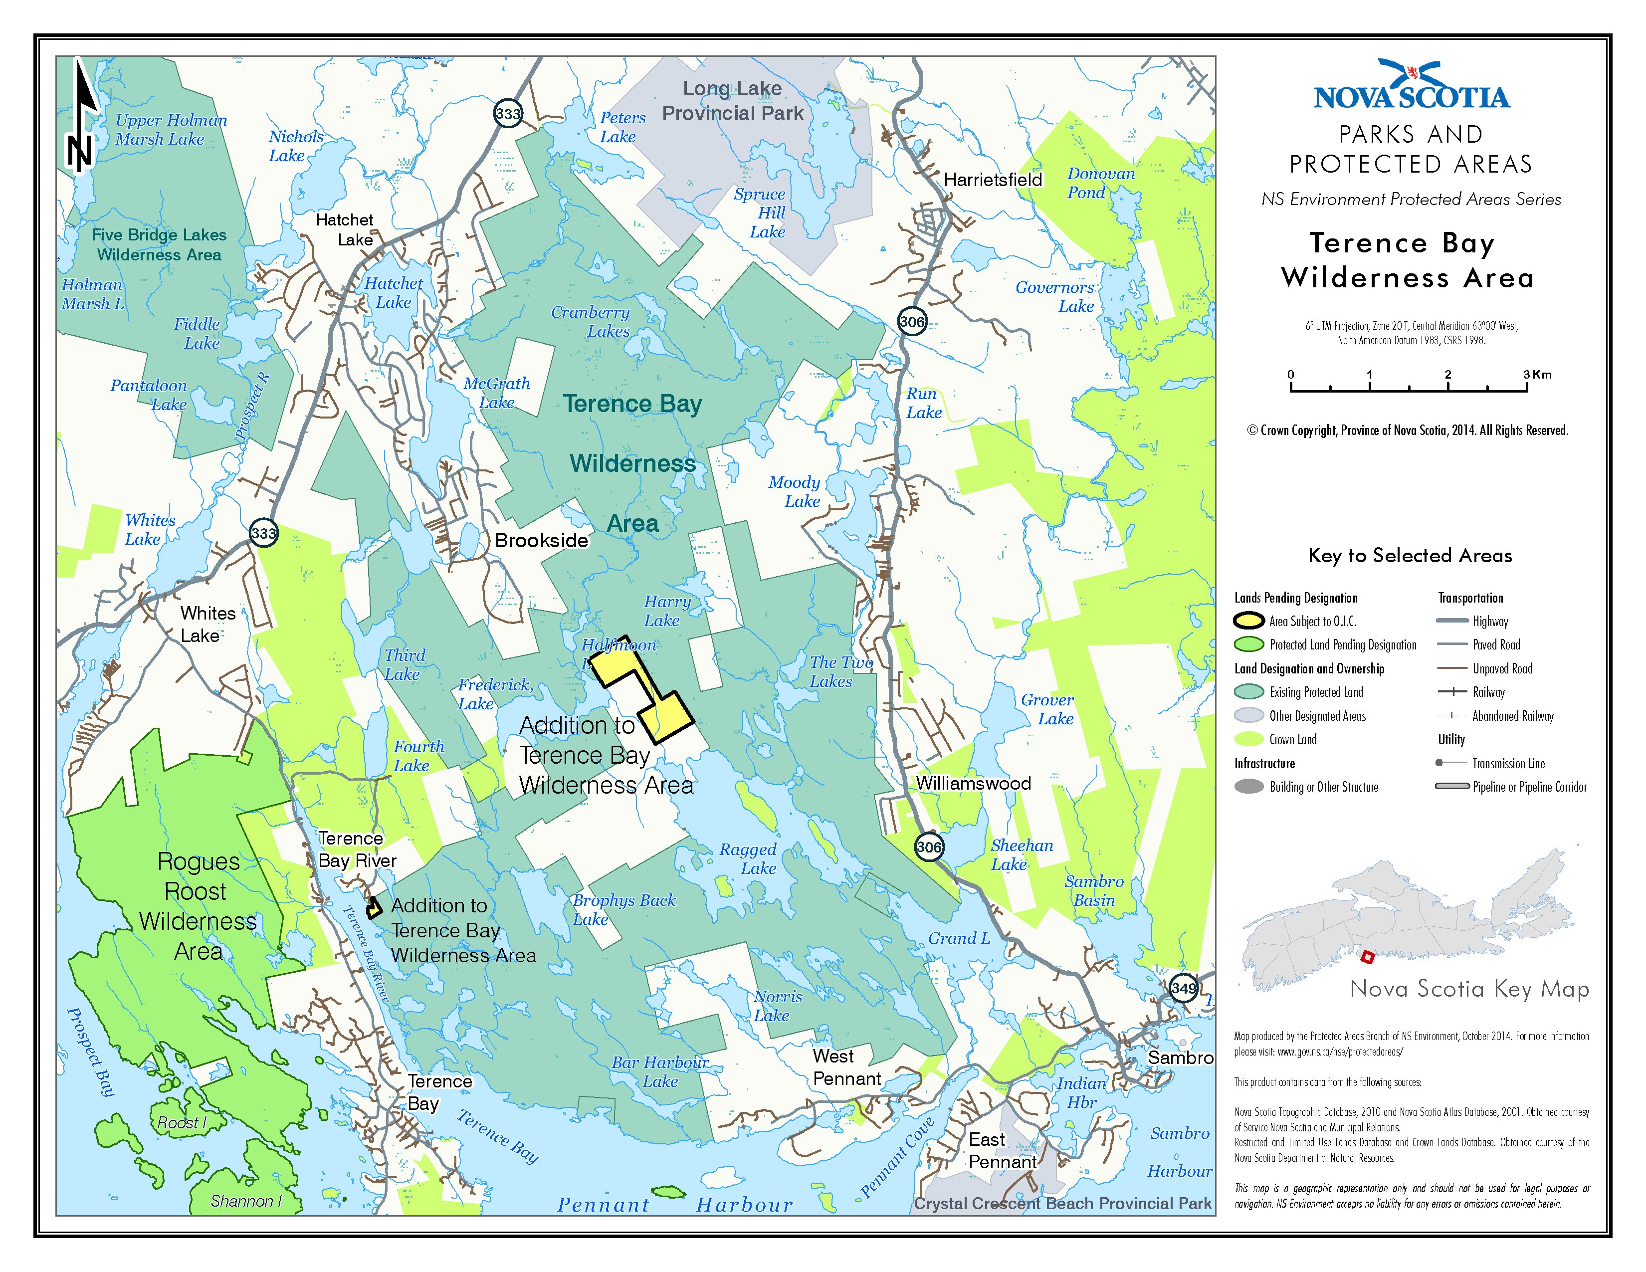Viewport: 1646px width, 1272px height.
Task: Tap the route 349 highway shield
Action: click(x=1183, y=988)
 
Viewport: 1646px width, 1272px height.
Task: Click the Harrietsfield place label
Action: click(x=993, y=180)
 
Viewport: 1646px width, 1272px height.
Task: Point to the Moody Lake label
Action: click(x=795, y=491)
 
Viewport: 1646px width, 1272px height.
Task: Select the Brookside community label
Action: click(x=541, y=540)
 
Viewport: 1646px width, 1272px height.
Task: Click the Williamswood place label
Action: click(x=973, y=783)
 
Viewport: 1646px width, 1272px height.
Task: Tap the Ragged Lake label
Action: click(x=748, y=858)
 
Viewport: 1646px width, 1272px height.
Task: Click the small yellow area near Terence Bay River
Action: click(x=373, y=908)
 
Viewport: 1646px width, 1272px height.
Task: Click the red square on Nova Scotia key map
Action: click(x=1366, y=957)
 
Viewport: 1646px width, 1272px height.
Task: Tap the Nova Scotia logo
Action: click(x=1411, y=84)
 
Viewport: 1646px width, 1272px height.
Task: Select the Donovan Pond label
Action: click(x=1100, y=183)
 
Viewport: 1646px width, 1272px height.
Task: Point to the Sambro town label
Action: click(x=1180, y=1057)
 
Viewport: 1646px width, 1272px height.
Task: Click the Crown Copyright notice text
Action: click(x=1407, y=430)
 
